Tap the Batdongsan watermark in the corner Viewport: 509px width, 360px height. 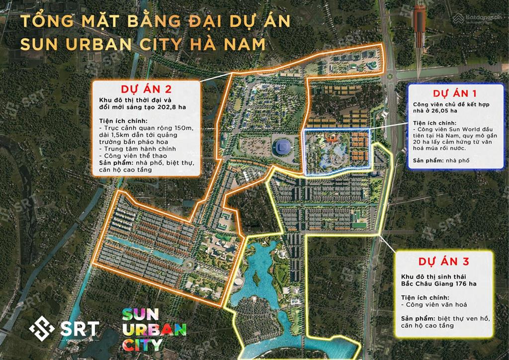(478, 19)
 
